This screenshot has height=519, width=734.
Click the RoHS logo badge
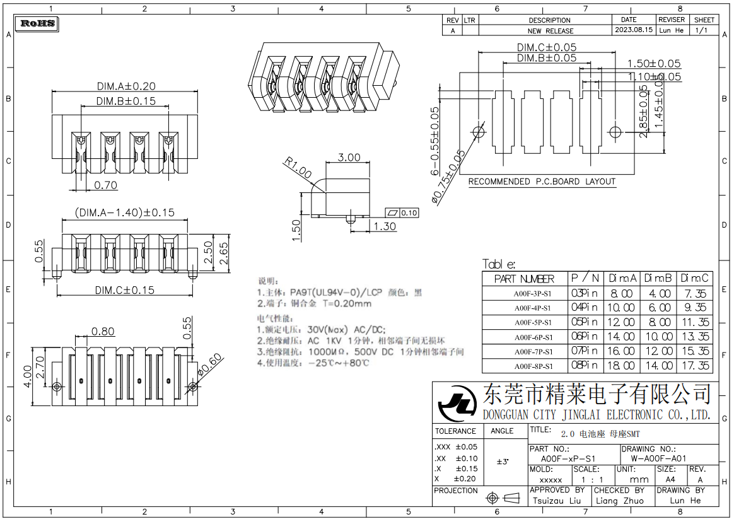tap(38, 24)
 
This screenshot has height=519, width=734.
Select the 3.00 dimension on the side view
tap(349, 158)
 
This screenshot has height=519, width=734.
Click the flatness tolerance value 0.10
tap(409, 213)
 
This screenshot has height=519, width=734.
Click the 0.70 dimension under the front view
tap(105, 185)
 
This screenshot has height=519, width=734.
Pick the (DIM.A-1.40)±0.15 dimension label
tap(124, 213)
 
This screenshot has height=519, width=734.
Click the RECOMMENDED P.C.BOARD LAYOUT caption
tap(541, 182)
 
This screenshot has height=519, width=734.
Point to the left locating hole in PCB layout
tap(478, 132)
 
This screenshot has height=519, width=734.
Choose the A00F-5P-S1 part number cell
tap(532, 322)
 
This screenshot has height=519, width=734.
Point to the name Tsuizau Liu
tap(556, 501)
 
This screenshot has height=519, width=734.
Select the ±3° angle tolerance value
tap(503, 462)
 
